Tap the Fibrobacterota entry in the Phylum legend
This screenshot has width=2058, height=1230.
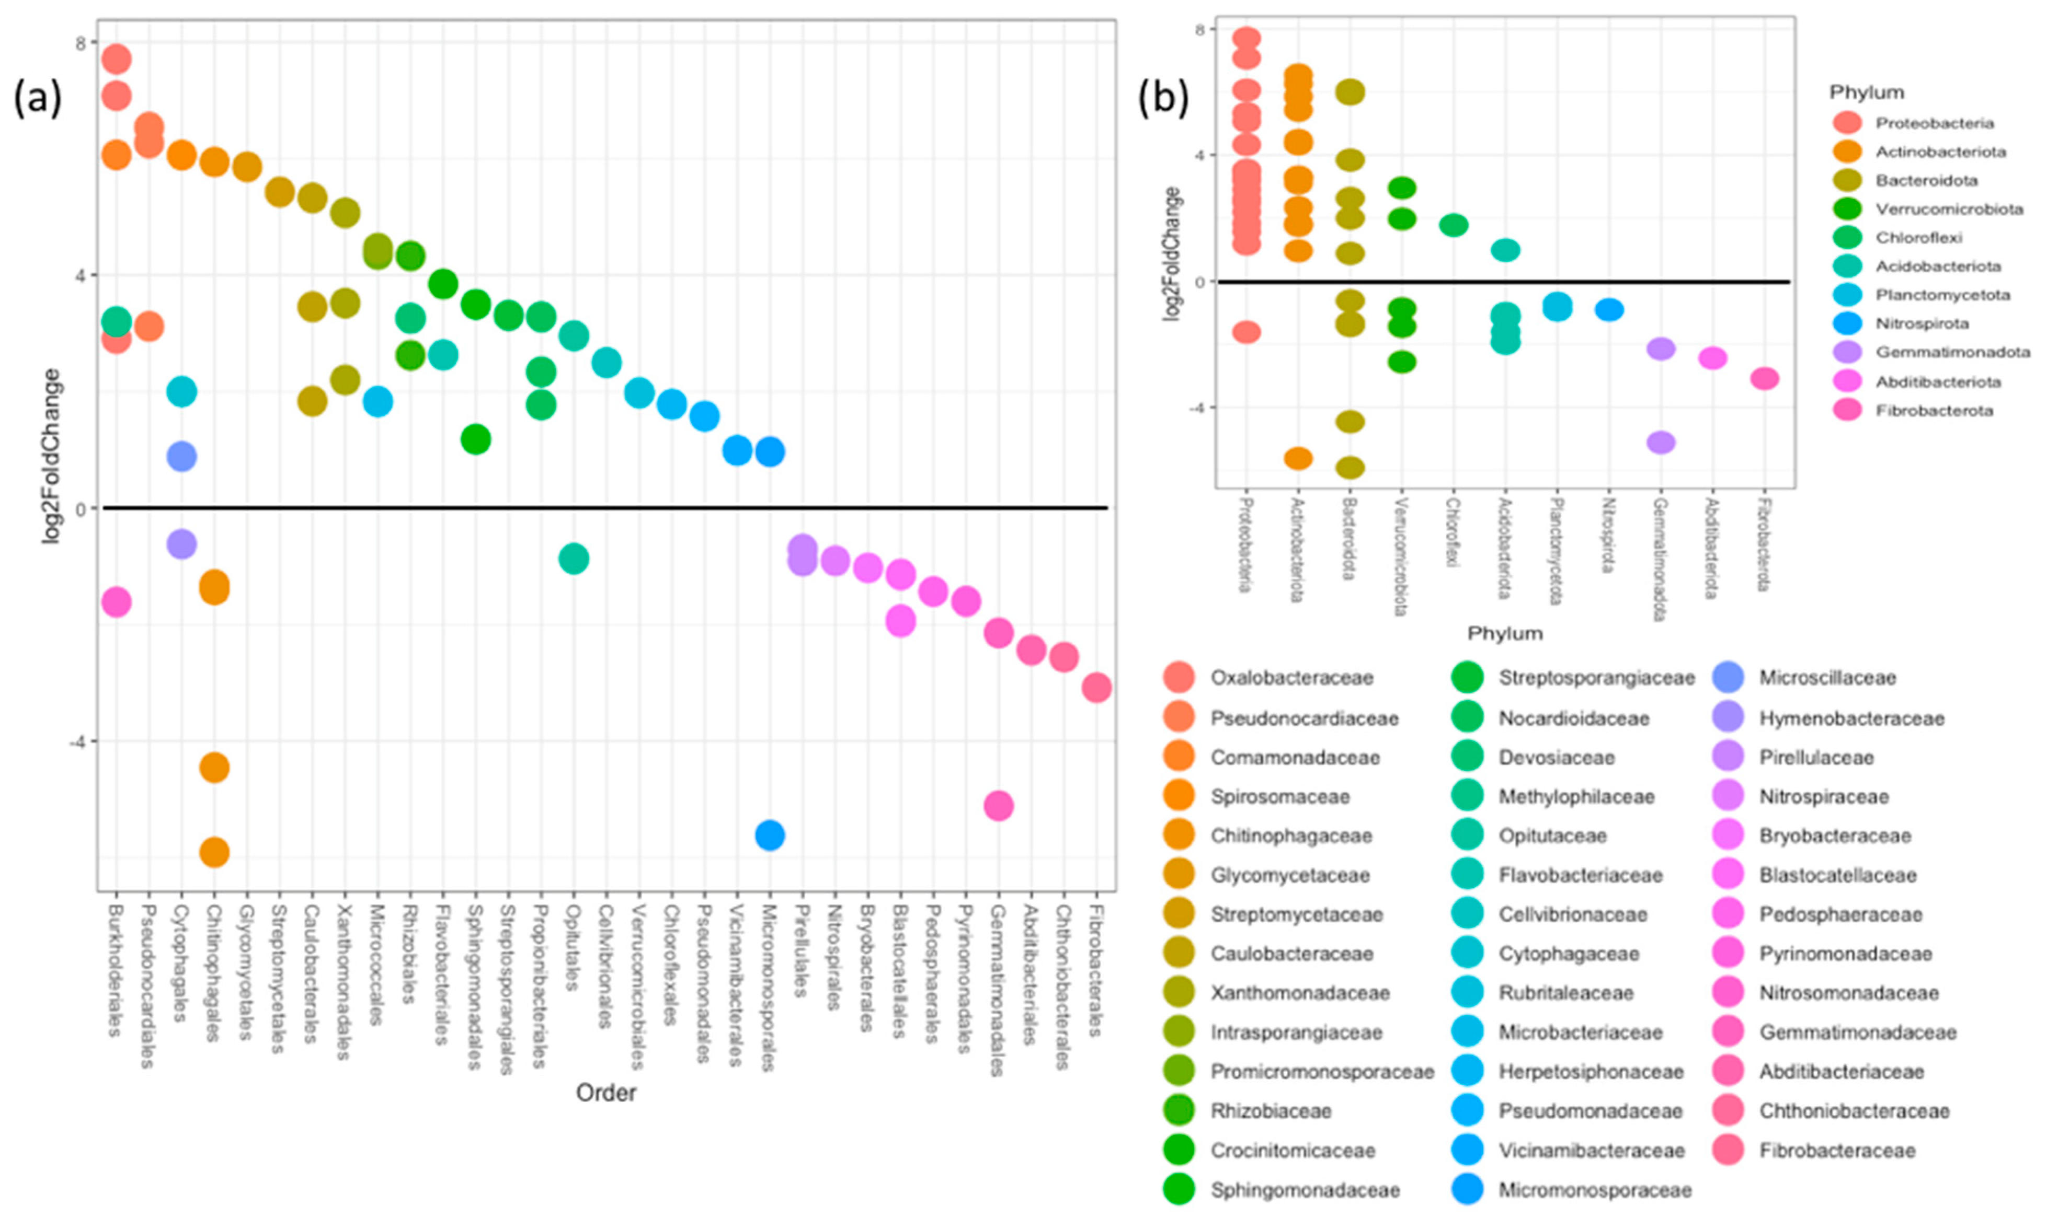1934,410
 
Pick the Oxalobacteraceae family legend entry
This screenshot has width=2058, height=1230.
1291,677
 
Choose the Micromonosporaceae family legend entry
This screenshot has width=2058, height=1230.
1594,1190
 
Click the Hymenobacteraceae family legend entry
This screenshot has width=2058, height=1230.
1851,718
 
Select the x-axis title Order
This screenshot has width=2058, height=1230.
606,1093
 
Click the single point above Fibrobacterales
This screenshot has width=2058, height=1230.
1096,687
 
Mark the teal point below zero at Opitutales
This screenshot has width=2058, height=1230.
574,559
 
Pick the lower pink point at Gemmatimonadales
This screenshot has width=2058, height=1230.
998,805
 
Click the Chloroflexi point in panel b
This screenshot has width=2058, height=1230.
1454,225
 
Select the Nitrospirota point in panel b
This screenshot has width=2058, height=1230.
1608,310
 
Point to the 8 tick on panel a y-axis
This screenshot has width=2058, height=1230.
81,43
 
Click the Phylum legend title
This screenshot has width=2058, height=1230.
1867,92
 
